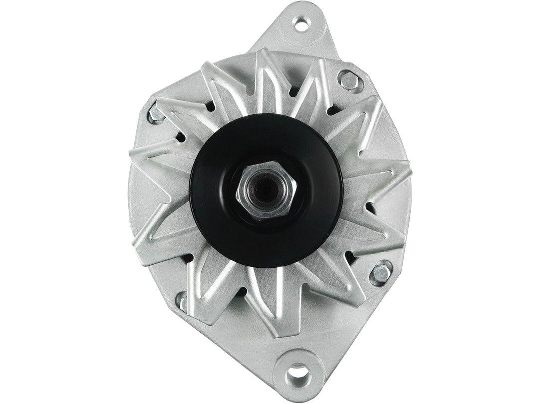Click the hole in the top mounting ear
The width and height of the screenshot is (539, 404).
301,22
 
